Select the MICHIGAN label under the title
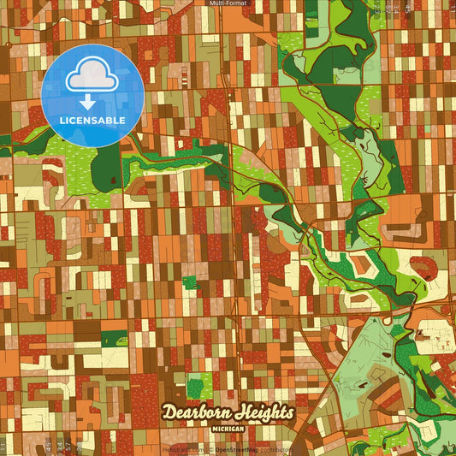[x=226, y=426]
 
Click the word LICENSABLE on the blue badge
[x=93, y=120]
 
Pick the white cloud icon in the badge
[x=92, y=77]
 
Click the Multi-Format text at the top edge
[x=228, y=3]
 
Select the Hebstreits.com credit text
[x=183, y=448]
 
